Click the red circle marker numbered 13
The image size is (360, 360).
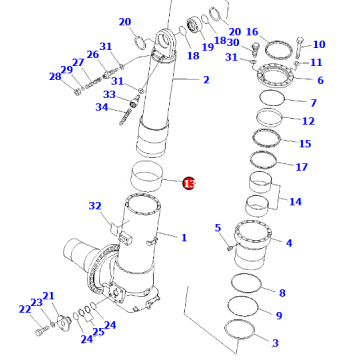click(188, 183)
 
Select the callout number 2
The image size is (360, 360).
click(206, 80)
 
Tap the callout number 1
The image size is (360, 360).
click(183, 237)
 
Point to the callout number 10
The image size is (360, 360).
click(319, 45)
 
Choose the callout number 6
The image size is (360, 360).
click(320, 80)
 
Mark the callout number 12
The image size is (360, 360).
click(308, 121)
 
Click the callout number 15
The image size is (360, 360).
click(304, 144)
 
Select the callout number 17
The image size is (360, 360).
click(302, 166)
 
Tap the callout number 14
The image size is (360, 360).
click(295, 202)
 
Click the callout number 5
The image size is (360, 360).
click(217, 229)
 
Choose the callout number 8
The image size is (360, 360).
click(282, 293)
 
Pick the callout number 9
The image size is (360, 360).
click(278, 316)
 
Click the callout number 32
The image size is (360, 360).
click(95, 207)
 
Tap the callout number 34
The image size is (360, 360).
click(102, 108)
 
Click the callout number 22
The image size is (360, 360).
click(23, 310)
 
